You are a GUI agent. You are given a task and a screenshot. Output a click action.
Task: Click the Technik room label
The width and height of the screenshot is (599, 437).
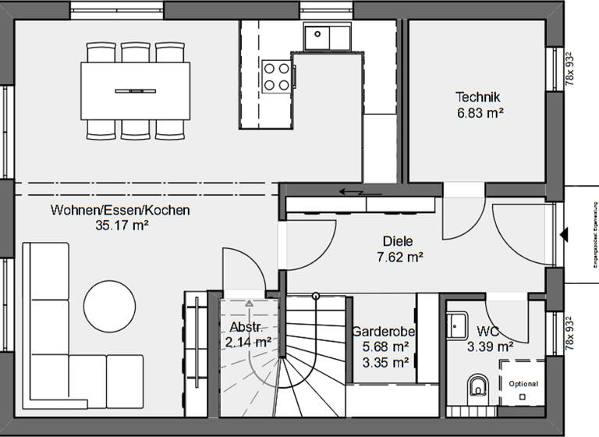(477, 98)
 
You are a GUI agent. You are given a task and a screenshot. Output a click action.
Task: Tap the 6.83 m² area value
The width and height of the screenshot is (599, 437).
(479, 113)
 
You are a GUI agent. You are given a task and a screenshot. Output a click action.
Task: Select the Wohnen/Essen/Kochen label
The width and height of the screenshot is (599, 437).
(120, 210)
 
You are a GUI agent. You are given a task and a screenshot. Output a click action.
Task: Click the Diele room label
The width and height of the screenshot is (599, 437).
(398, 241)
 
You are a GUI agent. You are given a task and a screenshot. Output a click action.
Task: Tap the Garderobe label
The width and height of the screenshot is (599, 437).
(383, 331)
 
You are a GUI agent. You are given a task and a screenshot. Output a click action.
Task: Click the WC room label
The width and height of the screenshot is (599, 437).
(488, 331)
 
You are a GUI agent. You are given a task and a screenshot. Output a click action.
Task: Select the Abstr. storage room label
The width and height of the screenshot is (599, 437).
(245, 326)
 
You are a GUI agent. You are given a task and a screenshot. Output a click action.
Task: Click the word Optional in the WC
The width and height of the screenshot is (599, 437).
(523, 384)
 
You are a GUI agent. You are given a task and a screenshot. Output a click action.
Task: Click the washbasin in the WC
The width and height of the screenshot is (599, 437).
(456, 324)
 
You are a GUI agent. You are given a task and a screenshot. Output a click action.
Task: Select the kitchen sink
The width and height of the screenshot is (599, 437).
(328, 36)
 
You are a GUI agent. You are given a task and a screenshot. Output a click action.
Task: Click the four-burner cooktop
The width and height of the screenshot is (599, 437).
(276, 76)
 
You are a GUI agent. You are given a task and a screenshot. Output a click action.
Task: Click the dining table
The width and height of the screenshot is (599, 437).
(135, 91)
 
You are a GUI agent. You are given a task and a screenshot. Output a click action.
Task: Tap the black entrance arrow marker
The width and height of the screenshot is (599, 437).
(565, 233)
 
